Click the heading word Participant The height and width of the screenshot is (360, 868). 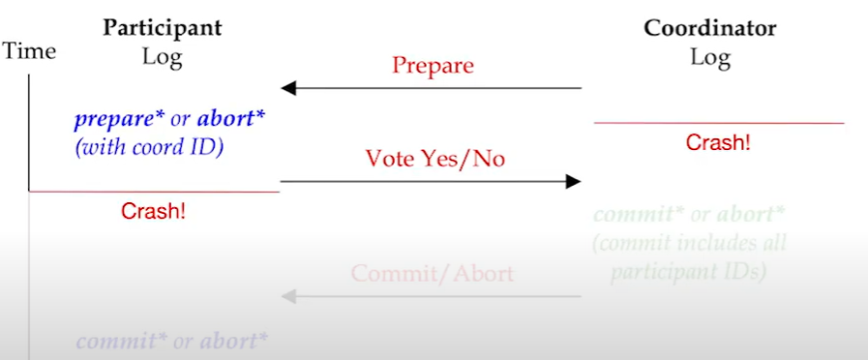[162, 28]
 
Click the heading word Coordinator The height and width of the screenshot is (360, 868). [709, 28]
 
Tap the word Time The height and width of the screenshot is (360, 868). [30, 51]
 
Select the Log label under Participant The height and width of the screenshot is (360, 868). [162, 57]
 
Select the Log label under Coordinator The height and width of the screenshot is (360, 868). [709, 57]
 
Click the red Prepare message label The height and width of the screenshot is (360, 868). [433, 66]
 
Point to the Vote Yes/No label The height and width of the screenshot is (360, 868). [434, 159]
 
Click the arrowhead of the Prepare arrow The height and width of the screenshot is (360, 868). [287, 89]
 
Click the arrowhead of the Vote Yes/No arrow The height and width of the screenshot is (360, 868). [574, 181]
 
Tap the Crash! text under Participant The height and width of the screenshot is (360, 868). [153, 211]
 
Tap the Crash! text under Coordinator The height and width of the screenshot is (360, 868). [718, 143]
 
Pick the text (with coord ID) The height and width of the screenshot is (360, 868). [146, 148]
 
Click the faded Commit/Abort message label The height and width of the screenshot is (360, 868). [432, 274]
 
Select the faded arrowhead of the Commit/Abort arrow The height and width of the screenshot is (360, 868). [287, 296]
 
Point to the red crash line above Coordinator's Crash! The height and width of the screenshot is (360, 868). [718, 123]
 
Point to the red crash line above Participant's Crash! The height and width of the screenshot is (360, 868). [155, 192]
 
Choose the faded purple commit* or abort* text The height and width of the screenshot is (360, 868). [171, 341]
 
